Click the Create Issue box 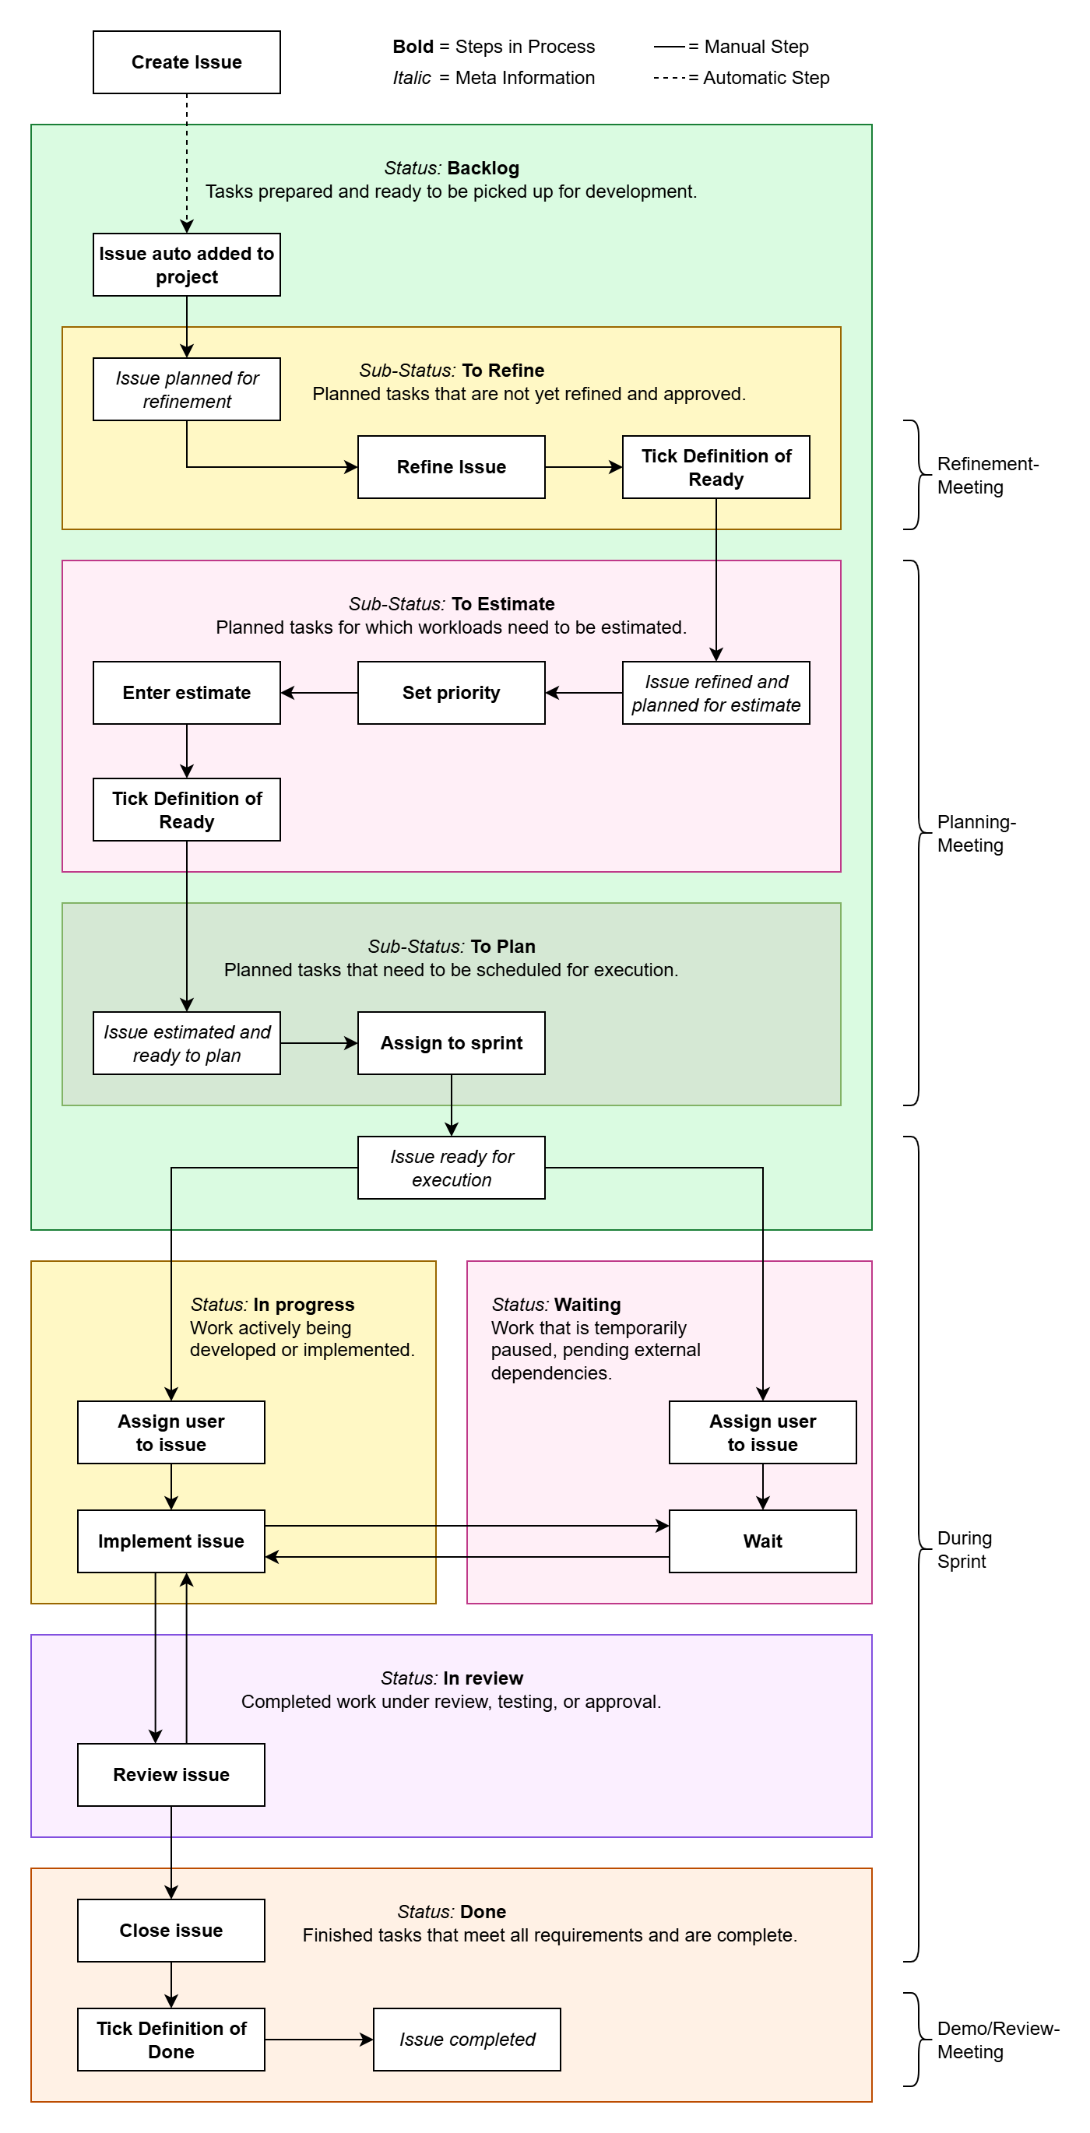click(186, 62)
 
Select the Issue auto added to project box click(186, 265)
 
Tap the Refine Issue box click(451, 467)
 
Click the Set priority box click(451, 693)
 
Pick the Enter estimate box click(186, 693)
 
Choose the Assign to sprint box click(451, 1043)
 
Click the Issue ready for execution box click(451, 1168)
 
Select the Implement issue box click(171, 1541)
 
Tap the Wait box click(762, 1541)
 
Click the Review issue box click(171, 1774)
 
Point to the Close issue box click(171, 1930)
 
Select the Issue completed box click(466, 2040)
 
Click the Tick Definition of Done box click(171, 2040)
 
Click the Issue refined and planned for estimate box click(716, 693)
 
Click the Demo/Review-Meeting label click(997, 2040)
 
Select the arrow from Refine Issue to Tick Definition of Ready click(583, 467)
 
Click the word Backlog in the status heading click(483, 168)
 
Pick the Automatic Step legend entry click(765, 78)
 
